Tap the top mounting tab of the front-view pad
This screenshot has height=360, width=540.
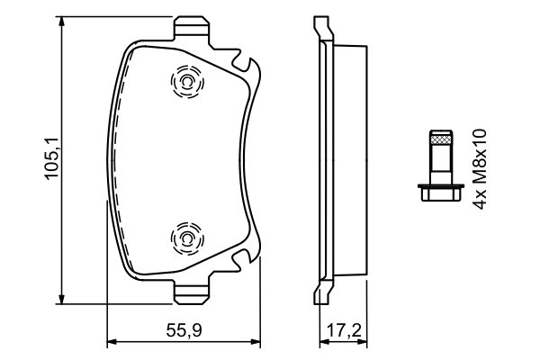pos(191,27)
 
